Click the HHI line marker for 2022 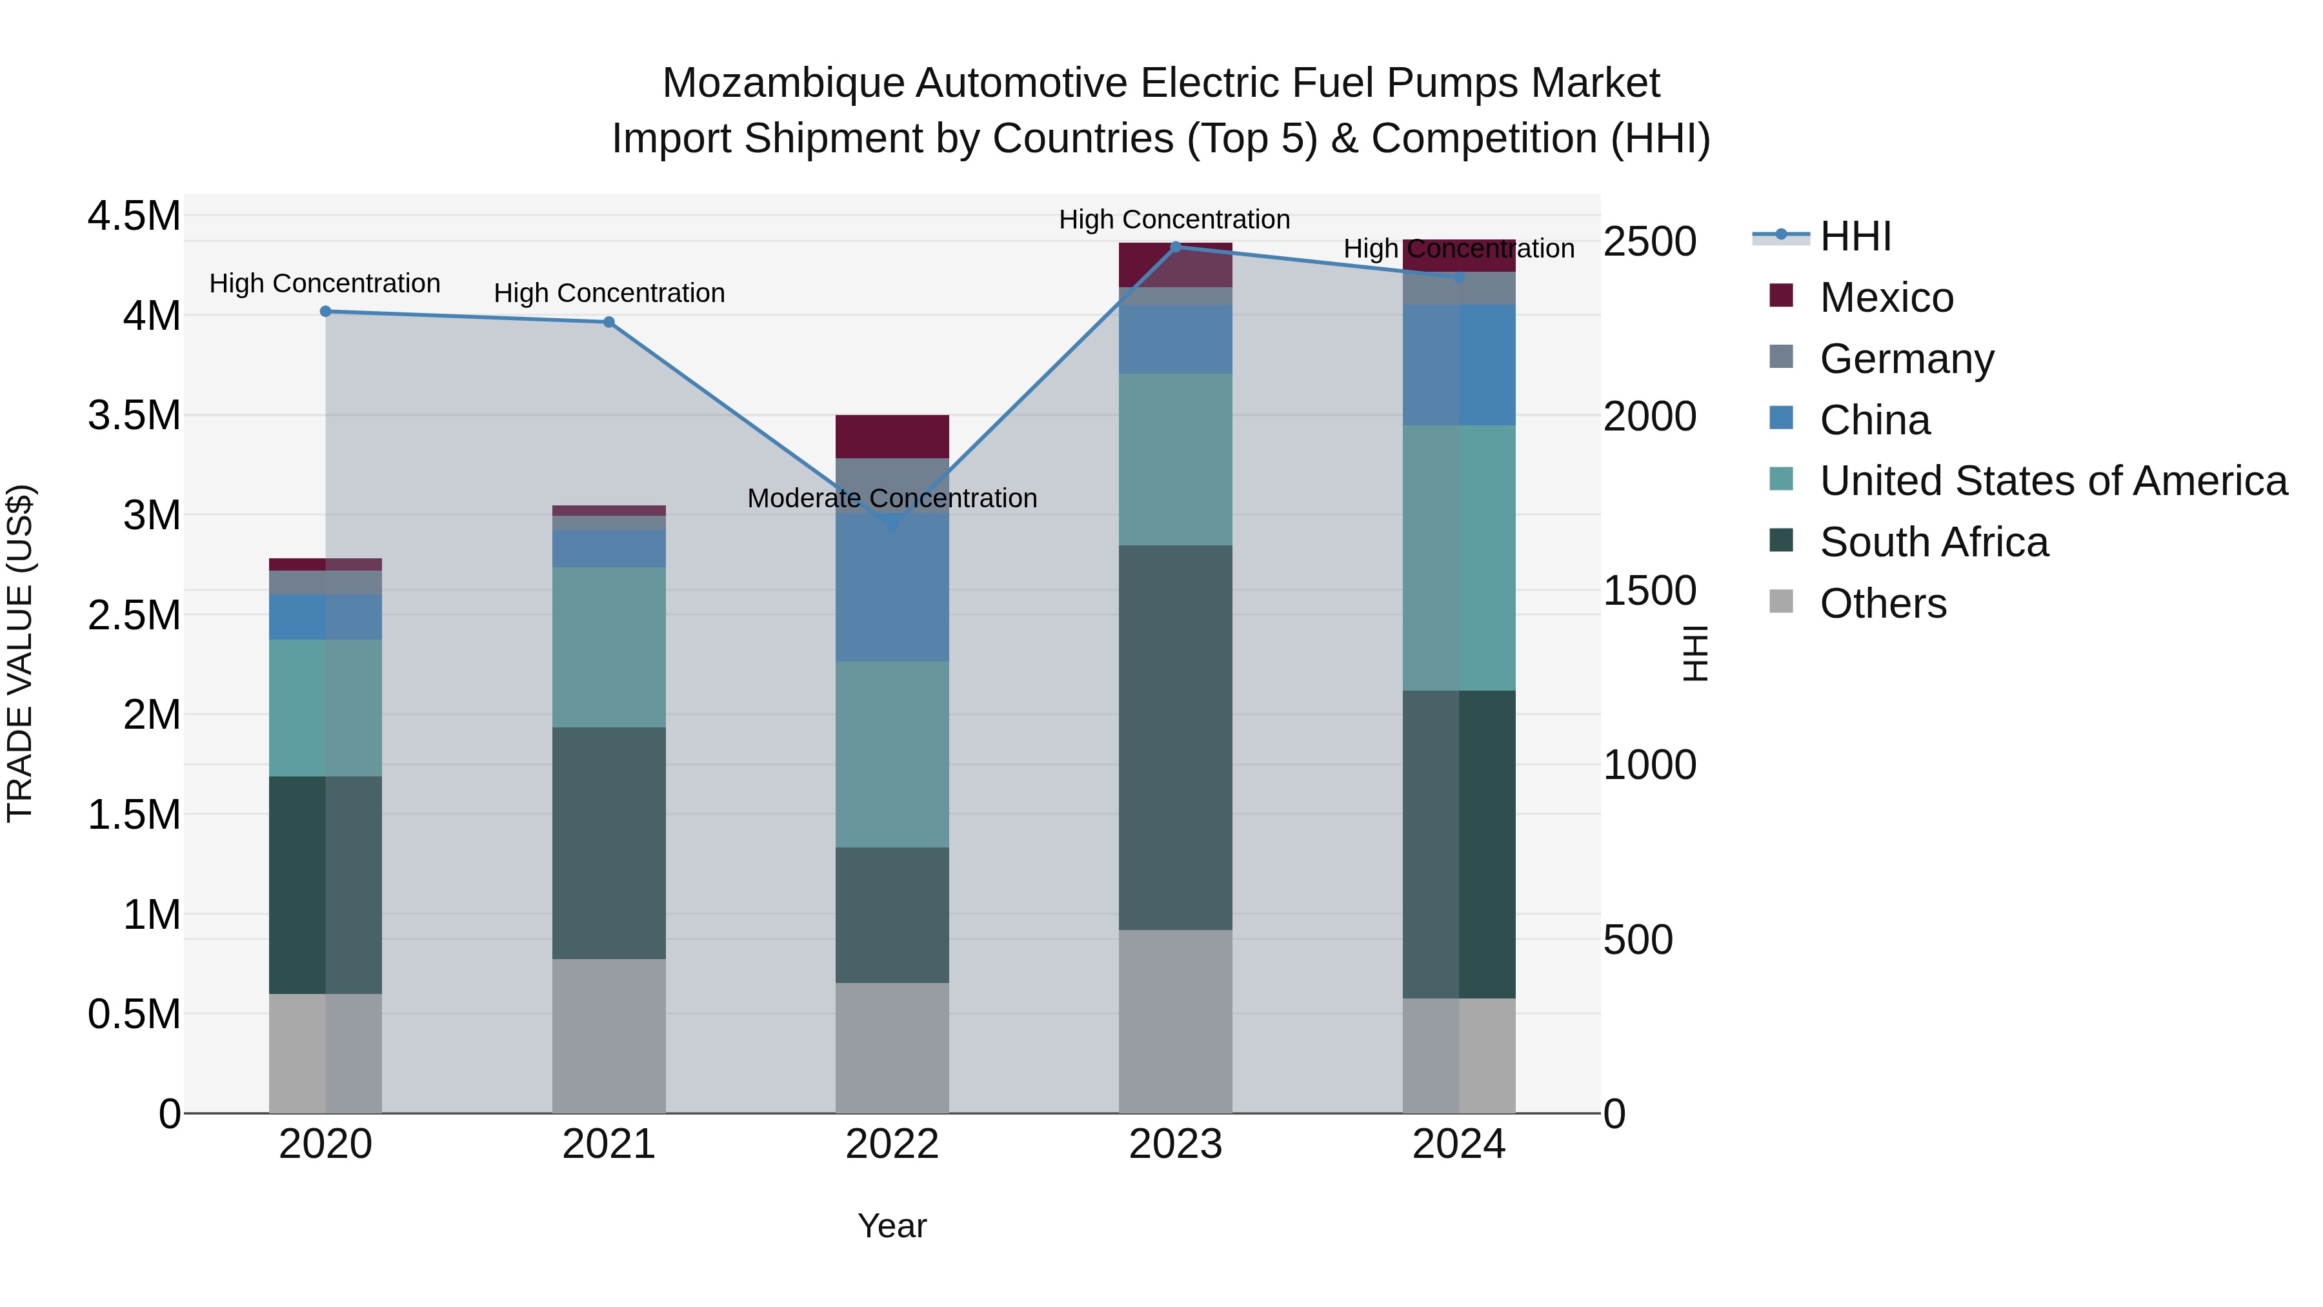pyautogui.click(x=892, y=523)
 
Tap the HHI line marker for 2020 pyautogui.click(x=326, y=311)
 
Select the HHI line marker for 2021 pyautogui.click(x=608, y=322)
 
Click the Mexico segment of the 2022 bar pyautogui.click(x=892, y=436)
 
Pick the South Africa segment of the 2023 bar pyautogui.click(x=1175, y=737)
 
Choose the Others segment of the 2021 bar pyautogui.click(x=608, y=1035)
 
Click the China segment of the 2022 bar pyautogui.click(x=892, y=577)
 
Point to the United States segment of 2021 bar pyautogui.click(x=608, y=647)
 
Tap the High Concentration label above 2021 pyautogui.click(x=608, y=293)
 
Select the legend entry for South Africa pyautogui.click(x=1933, y=542)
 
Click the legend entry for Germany pyautogui.click(x=1906, y=359)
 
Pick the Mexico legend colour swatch pyautogui.click(x=1781, y=295)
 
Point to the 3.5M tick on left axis pyautogui.click(x=134, y=416)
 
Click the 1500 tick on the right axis pyautogui.click(x=1649, y=591)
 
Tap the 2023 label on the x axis pyautogui.click(x=1175, y=1144)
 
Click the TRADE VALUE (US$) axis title pyautogui.click(x=20, y=653)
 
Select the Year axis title pyautogui.click(x=892, y=1226)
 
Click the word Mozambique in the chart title pyautogui.click(x=782, y=83)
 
